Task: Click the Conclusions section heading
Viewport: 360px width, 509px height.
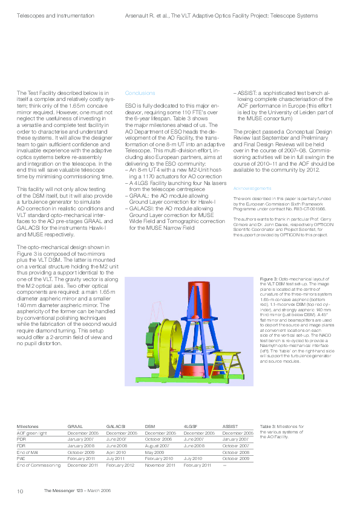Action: coord(140,93)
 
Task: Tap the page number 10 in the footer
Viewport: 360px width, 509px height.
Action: coord(19,491)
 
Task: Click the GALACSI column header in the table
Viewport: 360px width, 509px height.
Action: coord(116,427)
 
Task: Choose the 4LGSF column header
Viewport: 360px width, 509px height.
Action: coord(191,427)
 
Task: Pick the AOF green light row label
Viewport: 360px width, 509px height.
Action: coord(31,433)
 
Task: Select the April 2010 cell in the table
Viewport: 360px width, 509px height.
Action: coord(116,453)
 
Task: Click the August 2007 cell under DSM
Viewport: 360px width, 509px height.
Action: coord(159,446)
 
